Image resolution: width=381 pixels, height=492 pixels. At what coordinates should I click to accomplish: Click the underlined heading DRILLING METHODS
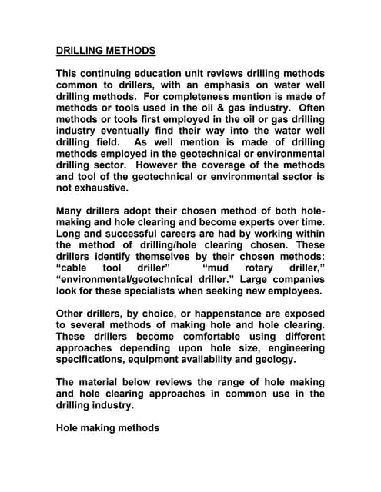tap(105, 52)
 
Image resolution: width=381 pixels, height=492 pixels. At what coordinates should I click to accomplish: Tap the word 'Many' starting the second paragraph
tap(71, 211)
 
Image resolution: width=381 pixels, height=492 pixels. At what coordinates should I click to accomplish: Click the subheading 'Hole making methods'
tap(108, 427)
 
